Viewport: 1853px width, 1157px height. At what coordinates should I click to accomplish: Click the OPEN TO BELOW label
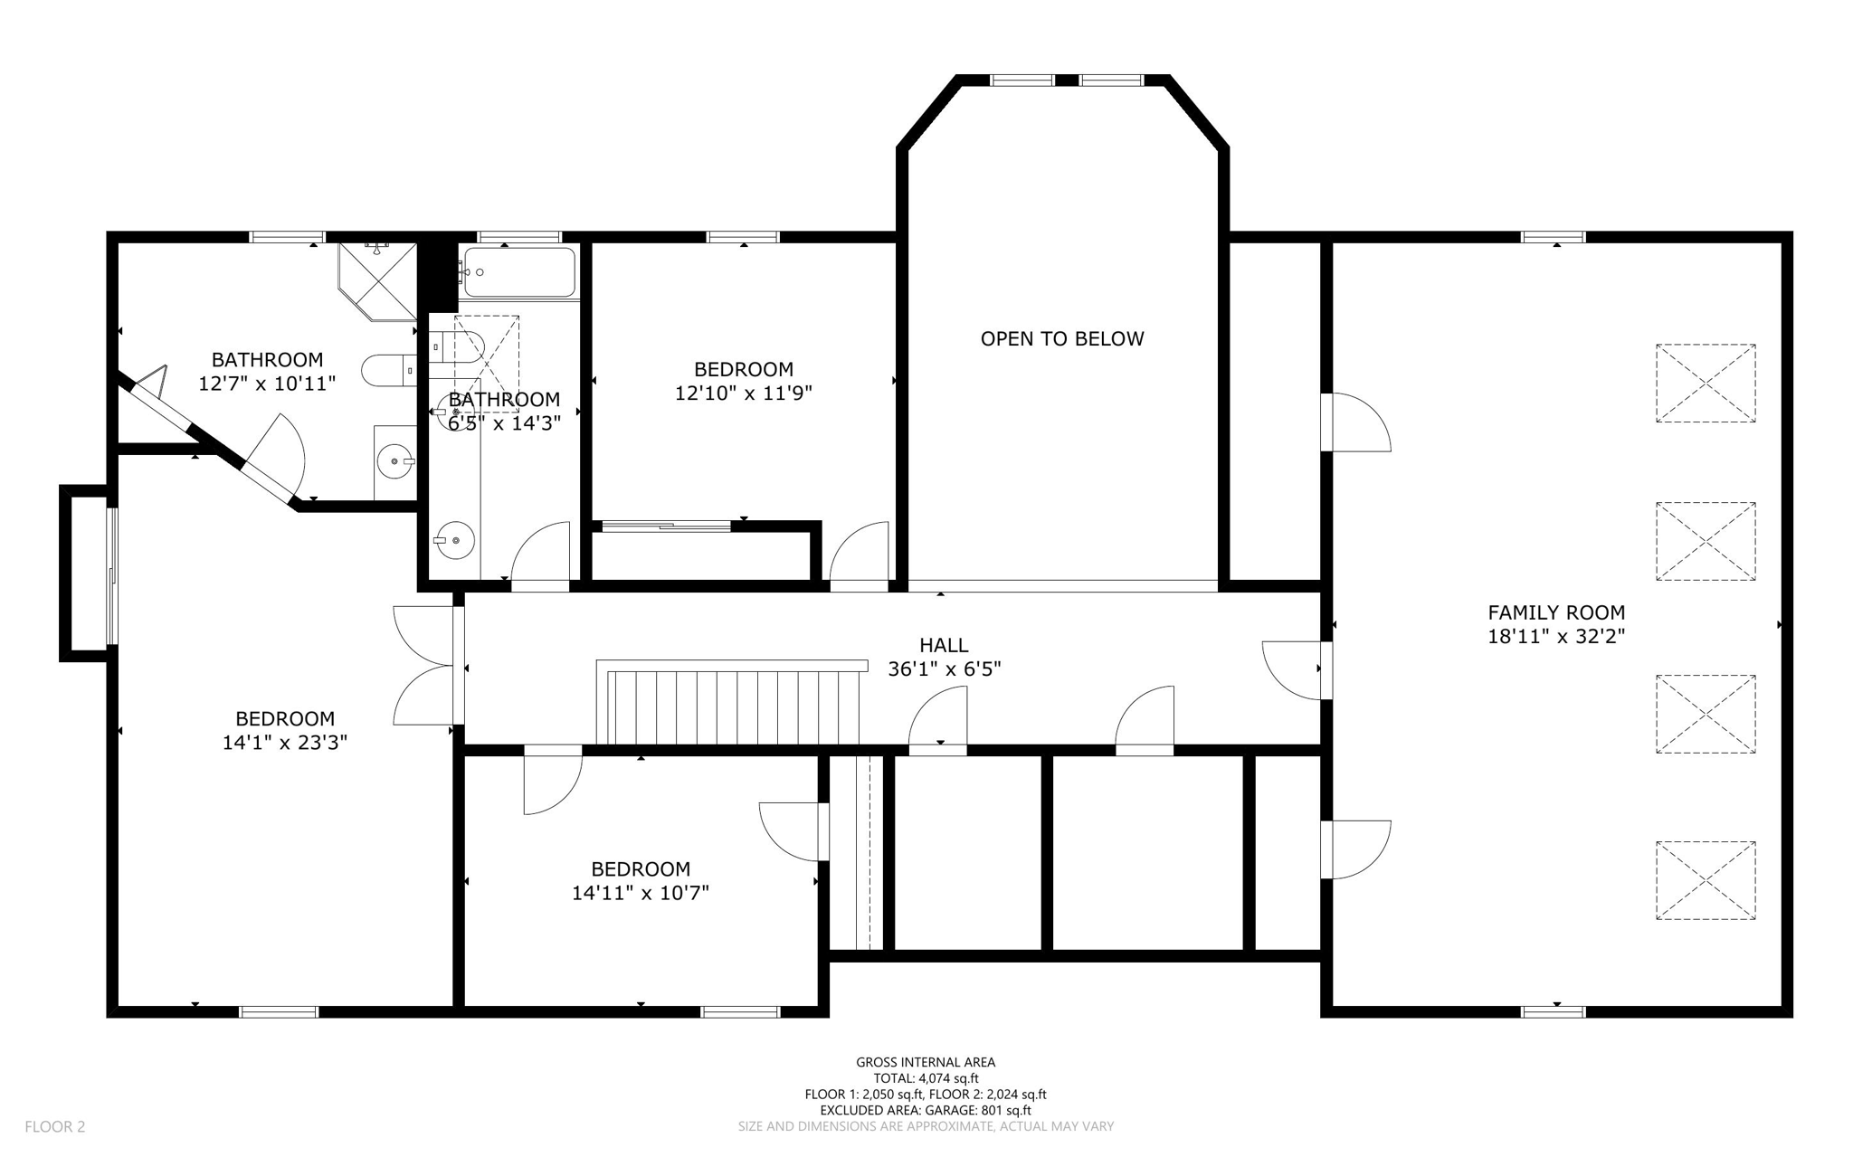click(1062, 338)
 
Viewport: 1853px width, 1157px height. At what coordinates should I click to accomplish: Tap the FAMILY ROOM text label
click(1556, 612)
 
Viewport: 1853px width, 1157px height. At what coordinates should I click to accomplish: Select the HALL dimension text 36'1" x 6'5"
click(944, 669)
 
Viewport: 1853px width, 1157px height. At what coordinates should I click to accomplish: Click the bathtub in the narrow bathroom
click(518, 271)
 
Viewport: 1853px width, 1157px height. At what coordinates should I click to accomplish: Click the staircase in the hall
click(728, 703)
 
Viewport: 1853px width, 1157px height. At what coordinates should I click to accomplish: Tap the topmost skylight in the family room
click(1706, 383)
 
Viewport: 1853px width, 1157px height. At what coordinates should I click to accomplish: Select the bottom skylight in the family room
click(1706, 880)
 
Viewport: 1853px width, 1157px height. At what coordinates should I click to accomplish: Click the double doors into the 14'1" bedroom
click(423, 666)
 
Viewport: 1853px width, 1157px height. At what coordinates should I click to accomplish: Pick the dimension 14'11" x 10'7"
click(640, 893)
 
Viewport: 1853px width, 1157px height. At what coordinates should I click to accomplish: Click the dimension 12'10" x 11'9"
click(743, 394)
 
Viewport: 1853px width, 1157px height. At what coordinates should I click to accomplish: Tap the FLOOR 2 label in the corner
click(55, 1126)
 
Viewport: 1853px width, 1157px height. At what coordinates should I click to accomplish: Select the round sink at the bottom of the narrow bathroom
click(453, 540)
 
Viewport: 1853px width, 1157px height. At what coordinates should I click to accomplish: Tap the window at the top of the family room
click(1553, 237)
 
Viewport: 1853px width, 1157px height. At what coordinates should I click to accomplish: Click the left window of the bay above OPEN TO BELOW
click(1022, 81)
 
